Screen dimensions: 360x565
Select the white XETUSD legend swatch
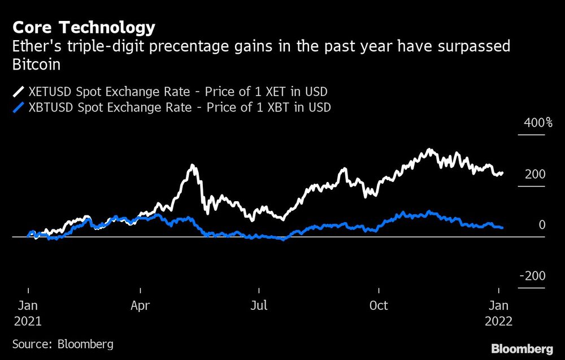click(x=19, y=92)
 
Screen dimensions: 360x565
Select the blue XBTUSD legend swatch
click(x=19, y=107)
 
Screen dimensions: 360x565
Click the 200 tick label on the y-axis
click(x=534, y=174)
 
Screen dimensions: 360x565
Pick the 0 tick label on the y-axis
click(x=542, y=225)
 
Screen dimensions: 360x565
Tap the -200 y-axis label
click(x=532, y=276)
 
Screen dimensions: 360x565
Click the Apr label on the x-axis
click(x=140, y=306)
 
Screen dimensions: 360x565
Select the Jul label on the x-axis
click(x=259, y=306)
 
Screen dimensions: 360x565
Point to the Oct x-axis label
click(x=378, y=306)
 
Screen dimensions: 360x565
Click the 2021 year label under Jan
click(x=27, y=321)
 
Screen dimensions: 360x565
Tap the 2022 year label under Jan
click(x=498, y=321)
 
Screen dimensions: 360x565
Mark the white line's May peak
click(x=193, y=166)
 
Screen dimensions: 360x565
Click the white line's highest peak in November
click(x=431, y=150)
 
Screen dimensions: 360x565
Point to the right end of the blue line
click(x=503, y=228)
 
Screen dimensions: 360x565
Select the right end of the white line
click(x=503, y=172)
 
